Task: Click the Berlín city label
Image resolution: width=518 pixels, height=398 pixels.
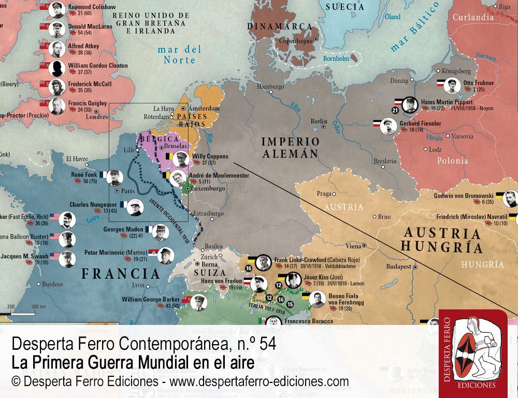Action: click(319, 121)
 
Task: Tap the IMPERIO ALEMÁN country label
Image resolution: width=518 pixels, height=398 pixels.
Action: click(290, 147)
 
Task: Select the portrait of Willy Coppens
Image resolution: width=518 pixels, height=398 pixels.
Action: click(179, 159)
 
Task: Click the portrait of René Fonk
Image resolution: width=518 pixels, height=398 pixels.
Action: click(115, 178)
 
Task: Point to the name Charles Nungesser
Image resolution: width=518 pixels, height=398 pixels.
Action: click(93, 205)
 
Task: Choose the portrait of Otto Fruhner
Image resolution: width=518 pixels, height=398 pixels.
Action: click(452, 86)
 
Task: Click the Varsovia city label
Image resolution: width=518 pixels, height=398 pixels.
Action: click(462, 137)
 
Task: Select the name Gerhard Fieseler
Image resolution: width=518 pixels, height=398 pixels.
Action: click(420, 123)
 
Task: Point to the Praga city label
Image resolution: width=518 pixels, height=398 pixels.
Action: click(324, 193)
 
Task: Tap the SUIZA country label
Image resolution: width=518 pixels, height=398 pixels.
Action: click(210, 273)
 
